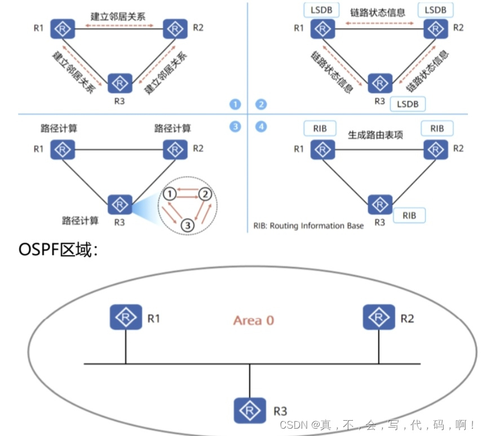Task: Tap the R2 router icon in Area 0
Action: click(x=379, y=317)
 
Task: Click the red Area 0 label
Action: click(x=254, y=320)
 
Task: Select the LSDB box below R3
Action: click(x=408, y=104)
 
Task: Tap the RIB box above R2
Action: click(x=437, y=128)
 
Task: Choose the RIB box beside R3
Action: click(x=409, y=215)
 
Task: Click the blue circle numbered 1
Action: click(x=235, y=104)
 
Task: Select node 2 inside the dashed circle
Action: click(x=206, y=194)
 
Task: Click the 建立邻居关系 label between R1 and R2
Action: click(x=118, y=16)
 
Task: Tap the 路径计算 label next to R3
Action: click(x=81, y=219)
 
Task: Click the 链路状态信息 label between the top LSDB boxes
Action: click(x=378, y=12)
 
